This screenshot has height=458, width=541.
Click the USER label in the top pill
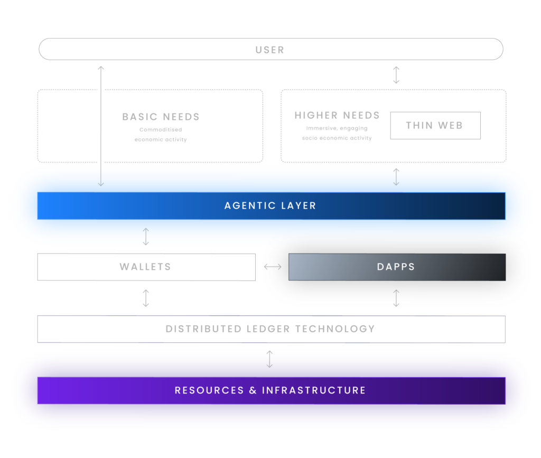point(270,50)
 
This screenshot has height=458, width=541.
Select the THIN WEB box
point(435,126)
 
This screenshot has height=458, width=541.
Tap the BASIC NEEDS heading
point(161,117)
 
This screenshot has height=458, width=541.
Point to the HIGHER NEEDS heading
point(337,115)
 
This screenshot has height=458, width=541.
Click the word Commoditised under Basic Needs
point(161,129)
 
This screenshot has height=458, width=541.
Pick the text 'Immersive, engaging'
point(337,128)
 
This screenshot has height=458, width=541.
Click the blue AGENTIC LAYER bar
point(271,206)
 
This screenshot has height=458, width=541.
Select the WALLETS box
point(146,267)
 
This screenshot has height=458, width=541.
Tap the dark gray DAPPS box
point(397,267)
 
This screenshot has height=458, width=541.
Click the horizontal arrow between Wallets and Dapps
point(273,267)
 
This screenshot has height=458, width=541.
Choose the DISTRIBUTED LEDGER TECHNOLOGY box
point(271,329)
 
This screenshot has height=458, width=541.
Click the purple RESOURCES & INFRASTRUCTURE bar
point(271,390)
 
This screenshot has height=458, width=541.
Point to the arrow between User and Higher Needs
point(396,75)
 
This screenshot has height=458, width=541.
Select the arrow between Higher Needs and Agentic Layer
point(396,177)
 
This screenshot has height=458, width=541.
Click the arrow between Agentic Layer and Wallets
point(146,237)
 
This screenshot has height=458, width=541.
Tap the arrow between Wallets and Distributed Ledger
point(146,298)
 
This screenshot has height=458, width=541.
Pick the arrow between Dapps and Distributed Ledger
point(396,298)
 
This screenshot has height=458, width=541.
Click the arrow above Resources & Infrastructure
point(269,359)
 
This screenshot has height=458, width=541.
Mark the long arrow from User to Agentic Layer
point(101,126)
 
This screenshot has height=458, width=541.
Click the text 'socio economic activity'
point(337,138)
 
